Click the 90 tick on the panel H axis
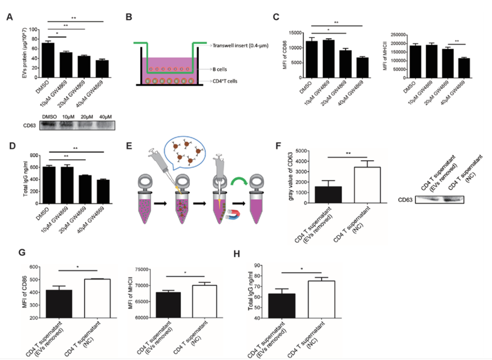coord(267,265)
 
